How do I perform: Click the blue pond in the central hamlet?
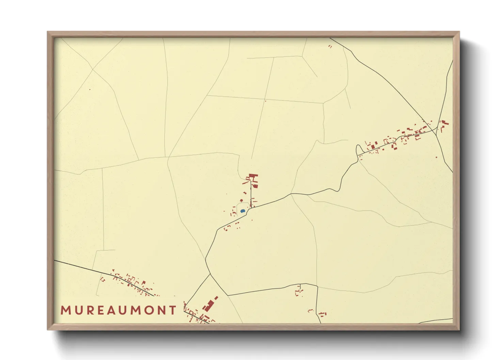(242, 211)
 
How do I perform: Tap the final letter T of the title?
(173, 310)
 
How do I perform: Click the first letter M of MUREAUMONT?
(65, 310)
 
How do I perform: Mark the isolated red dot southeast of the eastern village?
(437, 157)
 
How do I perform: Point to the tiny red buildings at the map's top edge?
(330, 46)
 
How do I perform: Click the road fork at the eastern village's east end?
(436, 131)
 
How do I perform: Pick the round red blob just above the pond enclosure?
(241, 200)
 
